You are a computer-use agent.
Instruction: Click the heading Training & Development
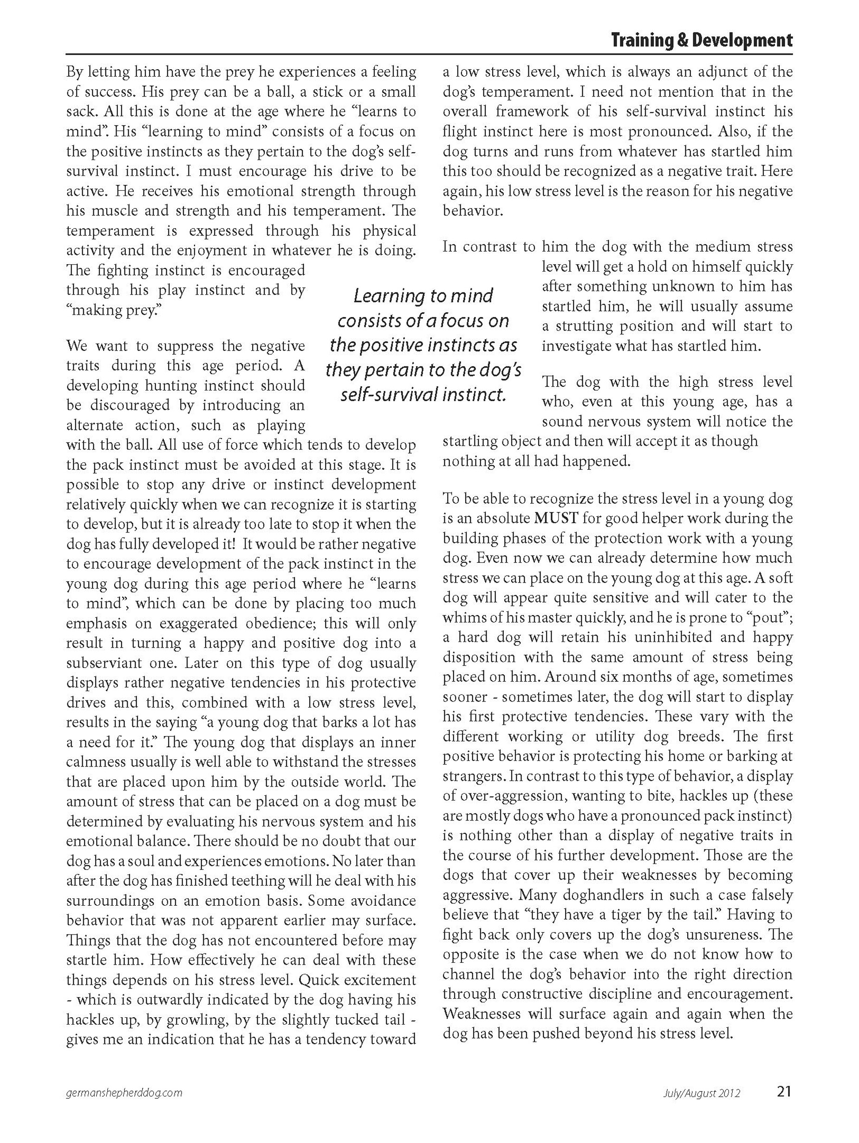(x=701, y=40)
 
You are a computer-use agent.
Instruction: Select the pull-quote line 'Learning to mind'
(x=423, y=296)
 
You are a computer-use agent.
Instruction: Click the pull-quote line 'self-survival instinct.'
(x=423, y=395)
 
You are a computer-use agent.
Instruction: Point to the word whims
(x=466, y=617)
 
